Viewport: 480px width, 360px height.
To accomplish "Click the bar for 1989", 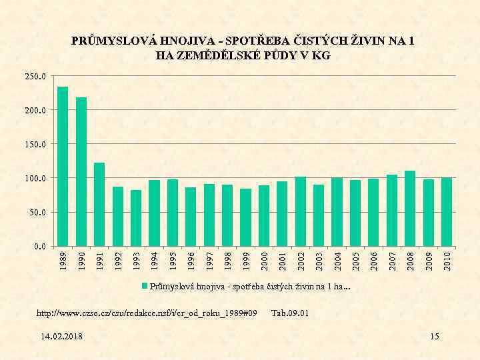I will [63, 167].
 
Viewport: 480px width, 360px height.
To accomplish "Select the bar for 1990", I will [81, 172].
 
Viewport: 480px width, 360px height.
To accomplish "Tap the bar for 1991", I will [99, 204].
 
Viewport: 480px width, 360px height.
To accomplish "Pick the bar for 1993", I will [136, 218].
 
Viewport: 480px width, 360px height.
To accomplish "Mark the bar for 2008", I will [410, 209].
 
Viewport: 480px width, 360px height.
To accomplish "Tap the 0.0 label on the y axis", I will [40, 247].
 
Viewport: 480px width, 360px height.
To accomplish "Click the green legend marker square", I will [144, 287].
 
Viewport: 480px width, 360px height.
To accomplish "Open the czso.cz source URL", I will [147, 313].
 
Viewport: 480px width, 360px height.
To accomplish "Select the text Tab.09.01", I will [290, 313].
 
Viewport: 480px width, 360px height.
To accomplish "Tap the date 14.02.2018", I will [61, 337].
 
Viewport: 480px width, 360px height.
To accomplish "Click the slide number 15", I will [435, 337].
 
